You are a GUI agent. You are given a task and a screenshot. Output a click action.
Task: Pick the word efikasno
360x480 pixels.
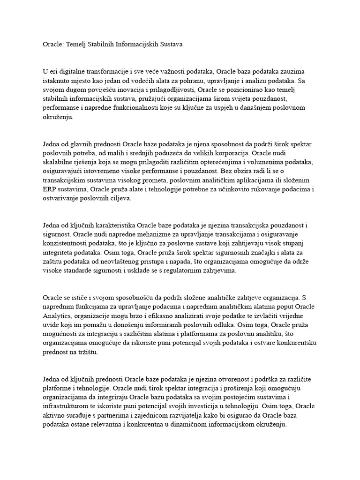pos(160,315)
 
